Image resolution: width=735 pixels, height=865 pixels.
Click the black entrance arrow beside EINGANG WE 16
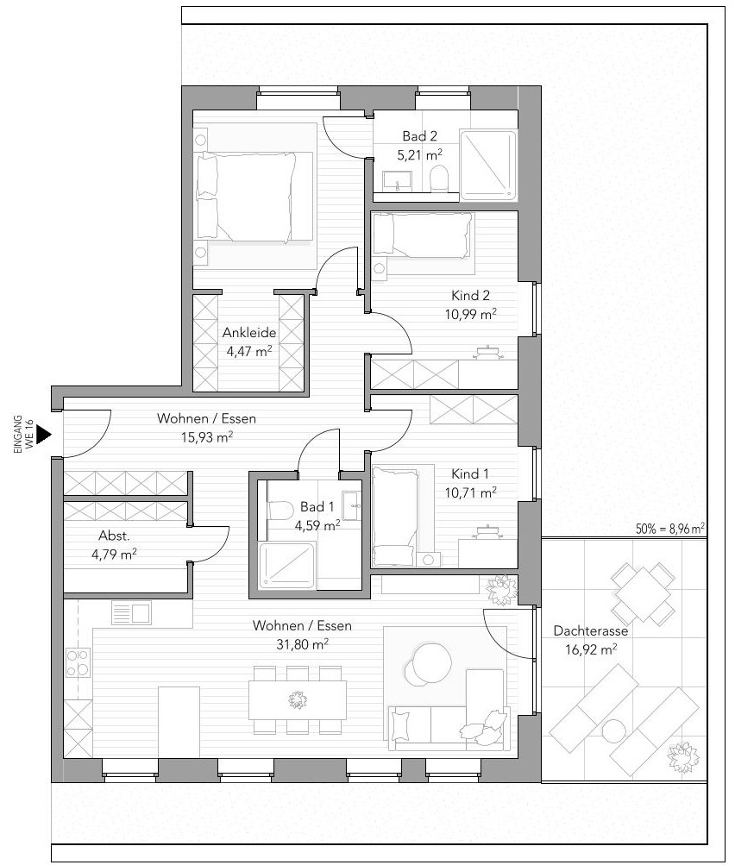pos(44,435)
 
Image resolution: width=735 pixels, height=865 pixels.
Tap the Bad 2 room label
pos(420,135)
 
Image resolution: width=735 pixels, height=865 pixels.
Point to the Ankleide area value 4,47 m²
pos(249,351)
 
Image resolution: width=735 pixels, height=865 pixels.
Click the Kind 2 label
pos(470,295)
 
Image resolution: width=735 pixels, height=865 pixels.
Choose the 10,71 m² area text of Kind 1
pos(471,492)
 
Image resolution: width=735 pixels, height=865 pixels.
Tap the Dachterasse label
pos(590,630)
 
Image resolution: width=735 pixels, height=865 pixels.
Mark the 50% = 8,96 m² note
pos(670,528)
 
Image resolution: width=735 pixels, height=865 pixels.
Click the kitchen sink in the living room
pos(131,612)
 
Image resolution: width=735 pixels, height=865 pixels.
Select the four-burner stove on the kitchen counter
pos(79,662)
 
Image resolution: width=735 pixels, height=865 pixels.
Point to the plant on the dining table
pos(298,700)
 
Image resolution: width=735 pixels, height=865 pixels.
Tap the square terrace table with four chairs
pos(643,593)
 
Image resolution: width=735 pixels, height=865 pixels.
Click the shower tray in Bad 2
pos(489,165)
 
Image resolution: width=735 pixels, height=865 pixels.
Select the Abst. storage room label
pos(114,535)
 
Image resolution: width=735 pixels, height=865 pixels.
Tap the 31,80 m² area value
pos(303,643)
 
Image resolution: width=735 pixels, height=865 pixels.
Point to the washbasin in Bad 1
pos(351,505)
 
